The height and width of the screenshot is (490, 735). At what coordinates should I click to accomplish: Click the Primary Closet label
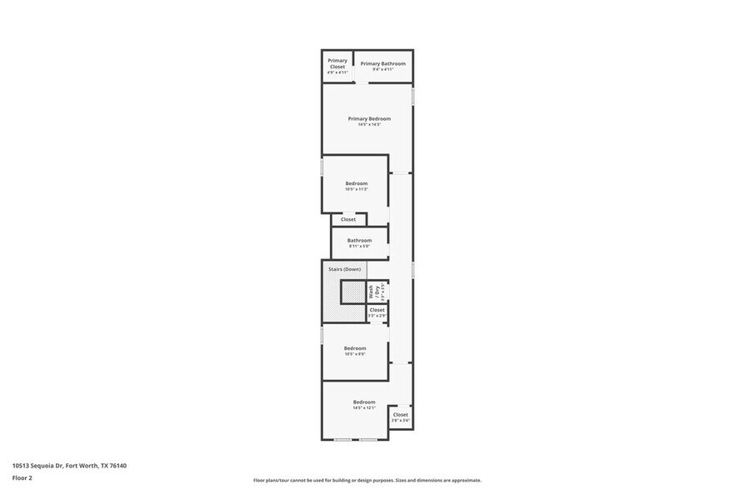[x=337, y=63]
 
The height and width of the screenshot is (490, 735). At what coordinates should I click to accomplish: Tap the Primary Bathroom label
[x=382, y=63]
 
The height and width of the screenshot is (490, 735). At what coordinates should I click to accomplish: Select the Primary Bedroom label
[x=368, y=118]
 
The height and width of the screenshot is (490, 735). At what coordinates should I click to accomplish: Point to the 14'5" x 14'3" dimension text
[x=368, y=125]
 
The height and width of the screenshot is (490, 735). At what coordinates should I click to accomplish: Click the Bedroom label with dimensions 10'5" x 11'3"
[x=356, y=183]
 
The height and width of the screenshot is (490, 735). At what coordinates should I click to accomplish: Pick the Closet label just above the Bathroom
[x=347, y=219]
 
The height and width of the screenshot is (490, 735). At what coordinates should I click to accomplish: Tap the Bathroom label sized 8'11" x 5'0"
[x=359, y=240]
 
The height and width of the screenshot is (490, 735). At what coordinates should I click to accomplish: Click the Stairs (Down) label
[x=344, y=269]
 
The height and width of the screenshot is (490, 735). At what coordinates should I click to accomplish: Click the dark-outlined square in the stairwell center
[x=352, y=292]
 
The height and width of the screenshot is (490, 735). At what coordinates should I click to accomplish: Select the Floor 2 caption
[x=22, y=477]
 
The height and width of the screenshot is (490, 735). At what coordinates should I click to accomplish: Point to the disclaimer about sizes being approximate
[x=367, y=480]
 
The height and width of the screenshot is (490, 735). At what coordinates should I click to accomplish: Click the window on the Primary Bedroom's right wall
[x=412, y=96]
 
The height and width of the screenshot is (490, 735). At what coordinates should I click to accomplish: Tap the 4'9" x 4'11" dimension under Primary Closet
[x=337, y=72]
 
